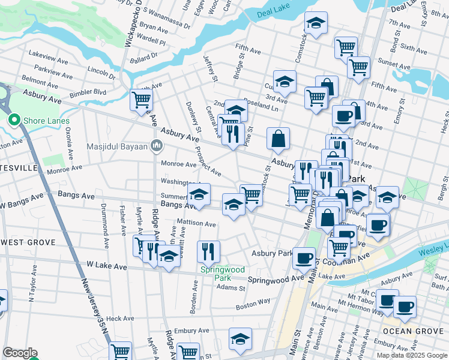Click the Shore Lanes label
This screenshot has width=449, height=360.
coord(41,121)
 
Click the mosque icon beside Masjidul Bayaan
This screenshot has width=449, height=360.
coord(157,145)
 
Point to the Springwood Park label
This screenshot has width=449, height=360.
coord(223,274)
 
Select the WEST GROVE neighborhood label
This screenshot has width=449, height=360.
coord(28,242)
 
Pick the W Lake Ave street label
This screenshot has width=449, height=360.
coord(106,264)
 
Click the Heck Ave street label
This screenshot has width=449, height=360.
coord(119,319)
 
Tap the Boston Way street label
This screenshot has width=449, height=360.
coord(253,305)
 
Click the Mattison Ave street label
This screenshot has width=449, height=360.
coord(196,223)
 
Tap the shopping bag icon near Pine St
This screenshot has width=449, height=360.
coord(278,139)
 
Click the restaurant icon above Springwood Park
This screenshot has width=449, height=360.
coord(208,251)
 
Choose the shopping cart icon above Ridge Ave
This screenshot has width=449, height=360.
coord(142,100)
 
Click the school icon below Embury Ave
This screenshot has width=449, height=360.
coord(241,340)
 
